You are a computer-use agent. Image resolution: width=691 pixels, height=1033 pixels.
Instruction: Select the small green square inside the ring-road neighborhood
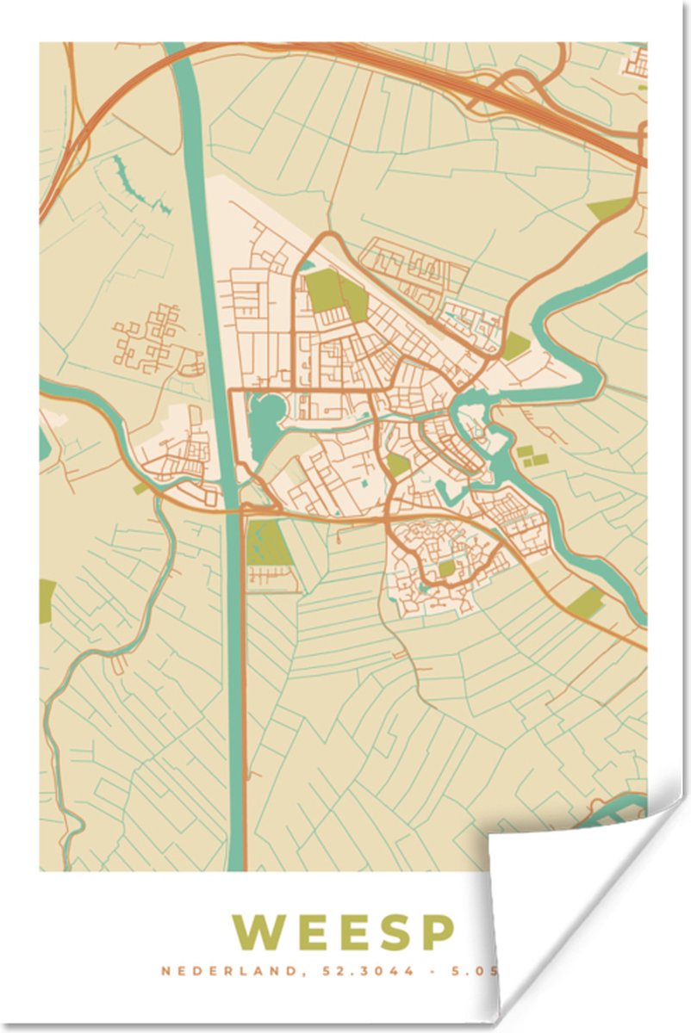pos(445,569)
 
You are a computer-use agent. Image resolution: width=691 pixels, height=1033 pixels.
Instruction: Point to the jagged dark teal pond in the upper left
pos(138,185)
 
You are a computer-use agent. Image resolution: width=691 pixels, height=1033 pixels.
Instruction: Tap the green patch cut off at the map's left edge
pos(47,600)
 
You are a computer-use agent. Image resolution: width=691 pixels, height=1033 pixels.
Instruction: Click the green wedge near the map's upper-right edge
pos(611,207)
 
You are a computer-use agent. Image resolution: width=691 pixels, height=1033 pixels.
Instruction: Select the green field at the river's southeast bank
pos(586,602)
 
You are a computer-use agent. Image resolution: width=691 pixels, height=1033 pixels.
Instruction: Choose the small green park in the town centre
pos(397,465)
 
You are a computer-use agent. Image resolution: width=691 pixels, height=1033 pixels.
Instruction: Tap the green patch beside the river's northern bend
pos(515,346)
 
